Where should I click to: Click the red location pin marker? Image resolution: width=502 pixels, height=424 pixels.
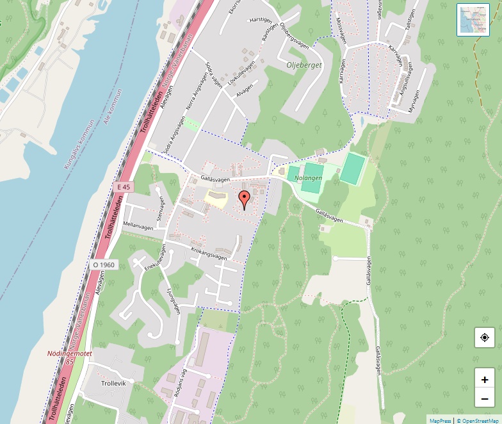244,199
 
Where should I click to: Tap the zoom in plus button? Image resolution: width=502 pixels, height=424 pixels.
485,379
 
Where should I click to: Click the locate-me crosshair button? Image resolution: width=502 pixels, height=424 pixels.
485,338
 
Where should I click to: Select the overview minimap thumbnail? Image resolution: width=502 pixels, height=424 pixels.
473,19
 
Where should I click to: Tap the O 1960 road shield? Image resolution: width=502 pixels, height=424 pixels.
103,265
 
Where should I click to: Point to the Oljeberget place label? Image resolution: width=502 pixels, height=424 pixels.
304,65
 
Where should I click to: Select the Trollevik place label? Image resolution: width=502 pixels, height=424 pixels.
115,383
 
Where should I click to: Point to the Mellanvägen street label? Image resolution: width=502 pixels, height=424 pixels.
139,226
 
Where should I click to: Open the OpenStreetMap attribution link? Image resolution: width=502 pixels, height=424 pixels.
477,421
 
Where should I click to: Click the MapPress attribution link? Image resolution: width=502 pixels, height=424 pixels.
440,421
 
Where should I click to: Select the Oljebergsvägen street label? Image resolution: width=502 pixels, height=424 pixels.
295,38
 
